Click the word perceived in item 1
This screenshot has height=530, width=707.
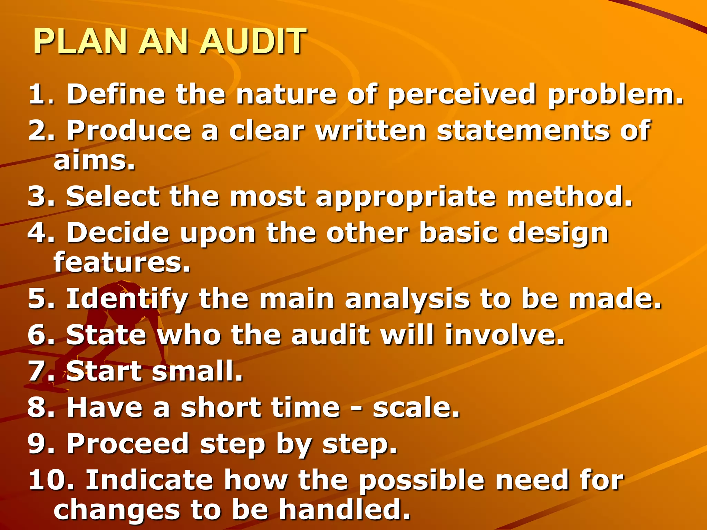click(462, 95)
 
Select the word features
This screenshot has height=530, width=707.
click(122, 262)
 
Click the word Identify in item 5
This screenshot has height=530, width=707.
click(127, 300)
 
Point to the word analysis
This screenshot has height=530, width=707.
click(407, 300)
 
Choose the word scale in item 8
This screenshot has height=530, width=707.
click(416, 408)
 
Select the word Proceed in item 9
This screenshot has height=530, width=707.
click(127, 444)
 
